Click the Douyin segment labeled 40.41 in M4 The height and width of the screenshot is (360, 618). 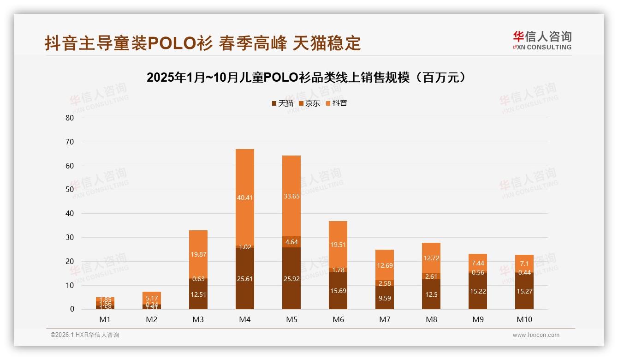[244, 198]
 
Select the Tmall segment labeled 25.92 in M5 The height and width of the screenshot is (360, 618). [291, 278]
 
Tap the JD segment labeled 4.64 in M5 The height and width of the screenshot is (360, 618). [291, 242]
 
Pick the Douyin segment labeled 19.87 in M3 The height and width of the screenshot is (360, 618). [198, 254]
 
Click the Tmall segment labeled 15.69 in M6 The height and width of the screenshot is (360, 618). [338, 291]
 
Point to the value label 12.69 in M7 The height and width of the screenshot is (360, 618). [385, 265]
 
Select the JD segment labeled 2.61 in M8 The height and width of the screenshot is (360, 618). [431, 276]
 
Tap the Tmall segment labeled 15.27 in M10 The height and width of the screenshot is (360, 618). [524, 291]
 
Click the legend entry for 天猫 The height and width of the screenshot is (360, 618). [283, 103]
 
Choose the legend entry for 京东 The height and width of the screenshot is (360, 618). [309, 103]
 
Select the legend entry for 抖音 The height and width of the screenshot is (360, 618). [337, 103]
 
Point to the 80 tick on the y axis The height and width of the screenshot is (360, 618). [70, 118]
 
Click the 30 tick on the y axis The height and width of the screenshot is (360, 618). [70, 237]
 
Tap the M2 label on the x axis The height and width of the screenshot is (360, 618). [151, 319]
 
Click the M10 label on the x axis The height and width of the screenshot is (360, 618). [524, 319]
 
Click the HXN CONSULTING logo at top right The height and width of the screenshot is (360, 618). [542, 40]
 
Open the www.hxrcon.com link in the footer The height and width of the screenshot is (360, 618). [536, 335]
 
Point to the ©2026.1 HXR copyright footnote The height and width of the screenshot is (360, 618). [85, 335]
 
